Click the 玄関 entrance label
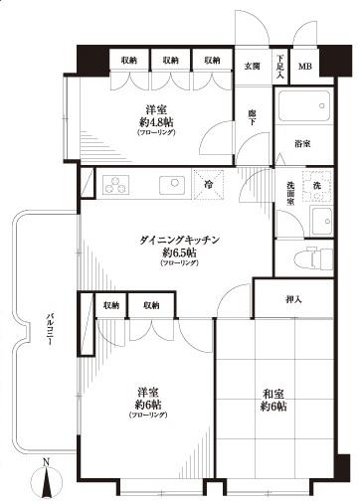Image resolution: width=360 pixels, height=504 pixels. (x=252, y=67)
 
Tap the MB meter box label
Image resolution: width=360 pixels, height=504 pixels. (x=304, y=68)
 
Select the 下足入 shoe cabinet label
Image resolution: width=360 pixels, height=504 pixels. (x=280, y=66)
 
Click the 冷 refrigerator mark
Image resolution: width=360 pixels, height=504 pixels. (x=210, y=185)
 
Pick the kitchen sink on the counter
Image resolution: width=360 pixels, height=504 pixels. (x=173, y=184)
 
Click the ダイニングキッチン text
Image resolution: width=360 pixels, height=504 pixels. (x=165, y=241)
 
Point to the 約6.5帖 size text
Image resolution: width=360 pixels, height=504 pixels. (x=165, y=253)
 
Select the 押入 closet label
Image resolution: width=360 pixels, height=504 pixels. (x=292, y=297)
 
